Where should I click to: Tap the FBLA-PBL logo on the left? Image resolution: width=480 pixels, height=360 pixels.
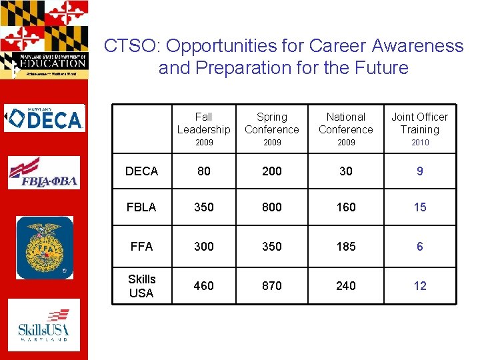(44, 173)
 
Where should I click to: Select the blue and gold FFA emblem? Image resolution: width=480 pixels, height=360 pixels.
(45, 247)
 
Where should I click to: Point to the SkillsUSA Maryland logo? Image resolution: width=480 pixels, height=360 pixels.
(44, 325)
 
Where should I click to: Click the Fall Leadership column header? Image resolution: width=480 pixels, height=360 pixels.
(203, 123)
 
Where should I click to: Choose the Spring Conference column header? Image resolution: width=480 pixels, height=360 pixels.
(272, 123)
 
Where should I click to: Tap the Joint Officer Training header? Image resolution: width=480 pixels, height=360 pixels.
(419, 123)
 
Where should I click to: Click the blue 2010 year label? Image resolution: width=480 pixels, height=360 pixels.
(419, 143)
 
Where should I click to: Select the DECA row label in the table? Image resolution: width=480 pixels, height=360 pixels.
(142, 171)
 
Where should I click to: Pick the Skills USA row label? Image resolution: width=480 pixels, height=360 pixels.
(141, 286)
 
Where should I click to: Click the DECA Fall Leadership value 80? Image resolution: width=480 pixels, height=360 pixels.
(203, 171)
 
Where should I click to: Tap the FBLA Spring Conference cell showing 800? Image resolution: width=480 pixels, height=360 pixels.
(272, 207)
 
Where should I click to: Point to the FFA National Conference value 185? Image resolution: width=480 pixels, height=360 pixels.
(346, 247)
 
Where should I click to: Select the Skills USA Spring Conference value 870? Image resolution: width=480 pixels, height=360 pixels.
(272, 286)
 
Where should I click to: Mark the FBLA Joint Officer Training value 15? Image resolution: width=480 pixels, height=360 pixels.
(419, 207)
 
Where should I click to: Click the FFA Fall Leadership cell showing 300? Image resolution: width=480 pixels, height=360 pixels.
(203, 247)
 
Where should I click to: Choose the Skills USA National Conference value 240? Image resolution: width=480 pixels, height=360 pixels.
(346, 286)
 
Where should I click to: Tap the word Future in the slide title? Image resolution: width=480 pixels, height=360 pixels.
(379, 68)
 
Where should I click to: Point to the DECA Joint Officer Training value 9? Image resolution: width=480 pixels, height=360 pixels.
(419, 171)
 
